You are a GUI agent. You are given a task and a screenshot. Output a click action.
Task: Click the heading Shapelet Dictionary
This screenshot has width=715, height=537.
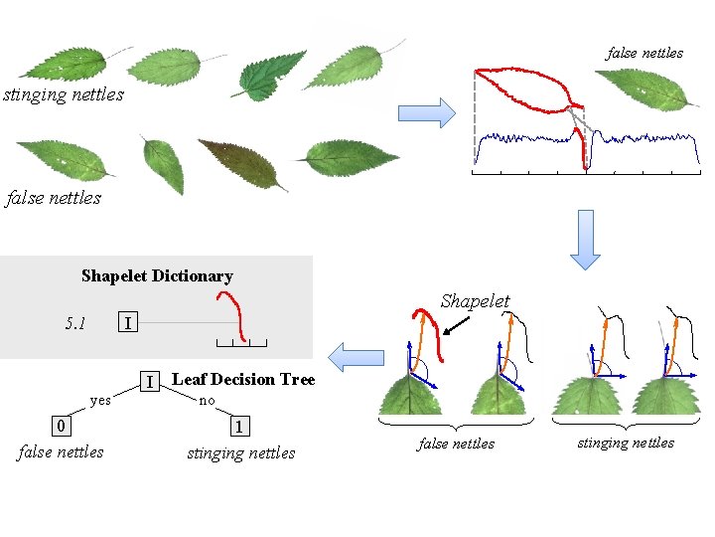coord(157,276)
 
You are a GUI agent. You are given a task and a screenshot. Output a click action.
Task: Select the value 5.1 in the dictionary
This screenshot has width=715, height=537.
coord(75,323)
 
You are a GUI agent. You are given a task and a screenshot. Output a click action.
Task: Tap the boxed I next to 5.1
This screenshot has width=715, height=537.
coord(127,323)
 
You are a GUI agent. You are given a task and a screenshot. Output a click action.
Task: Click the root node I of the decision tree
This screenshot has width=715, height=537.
coord(149,381)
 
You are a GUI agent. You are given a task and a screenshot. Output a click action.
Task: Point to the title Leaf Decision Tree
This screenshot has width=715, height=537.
coord(243,379)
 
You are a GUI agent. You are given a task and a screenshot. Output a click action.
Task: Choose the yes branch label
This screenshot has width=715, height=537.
coord(100,401)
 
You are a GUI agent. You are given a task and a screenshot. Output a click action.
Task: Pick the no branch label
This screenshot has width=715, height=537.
coord(207,401)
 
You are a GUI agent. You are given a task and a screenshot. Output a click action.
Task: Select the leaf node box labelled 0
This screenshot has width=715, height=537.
coord(62,426)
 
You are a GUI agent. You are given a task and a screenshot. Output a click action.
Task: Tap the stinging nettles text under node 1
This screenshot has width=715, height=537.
coord(241,453)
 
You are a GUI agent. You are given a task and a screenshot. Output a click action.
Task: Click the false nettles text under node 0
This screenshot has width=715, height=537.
coord(61,452)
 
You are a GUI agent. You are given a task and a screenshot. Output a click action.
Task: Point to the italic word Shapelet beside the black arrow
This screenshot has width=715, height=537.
coord(475,301)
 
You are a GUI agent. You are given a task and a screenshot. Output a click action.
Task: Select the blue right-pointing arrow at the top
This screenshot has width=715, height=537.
coord(426,112)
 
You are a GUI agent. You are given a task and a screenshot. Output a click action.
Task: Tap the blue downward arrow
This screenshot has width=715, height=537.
coord(585,239)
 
